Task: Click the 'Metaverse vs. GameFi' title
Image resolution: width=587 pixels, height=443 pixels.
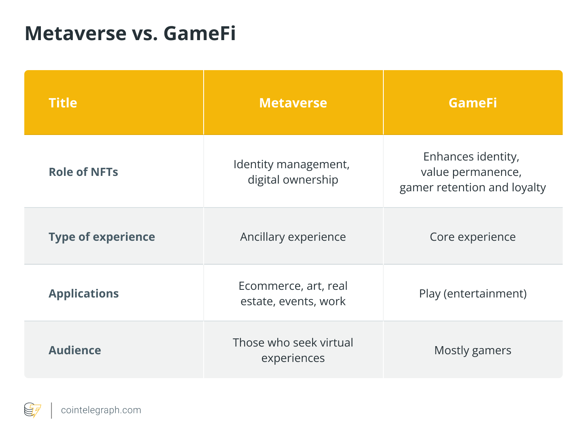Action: pos(130,33)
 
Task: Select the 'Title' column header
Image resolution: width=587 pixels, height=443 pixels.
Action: pos(63,103)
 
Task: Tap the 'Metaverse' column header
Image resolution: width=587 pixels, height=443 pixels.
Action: pos(293,103)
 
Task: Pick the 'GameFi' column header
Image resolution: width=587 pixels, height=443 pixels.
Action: pos(472,103)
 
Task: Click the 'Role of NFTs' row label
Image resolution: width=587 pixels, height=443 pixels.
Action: pos(83,172)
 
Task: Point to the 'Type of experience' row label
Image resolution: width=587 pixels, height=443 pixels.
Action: pos(102,237)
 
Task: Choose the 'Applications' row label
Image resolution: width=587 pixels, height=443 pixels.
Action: pos(84,293)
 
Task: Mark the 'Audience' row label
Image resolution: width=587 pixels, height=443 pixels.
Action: pos(75,350)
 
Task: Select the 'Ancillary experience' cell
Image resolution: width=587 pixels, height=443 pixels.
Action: pos(293,237)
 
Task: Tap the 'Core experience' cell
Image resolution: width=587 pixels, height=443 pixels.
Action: pos(472,237)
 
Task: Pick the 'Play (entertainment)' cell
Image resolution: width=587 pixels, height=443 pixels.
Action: pos(472,293)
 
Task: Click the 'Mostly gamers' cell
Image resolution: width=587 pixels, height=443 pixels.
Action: pos(472,350)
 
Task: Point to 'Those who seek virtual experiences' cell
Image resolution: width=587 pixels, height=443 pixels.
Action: pos(293,350)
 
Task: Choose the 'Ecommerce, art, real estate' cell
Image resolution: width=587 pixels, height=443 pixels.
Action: pos(293,293)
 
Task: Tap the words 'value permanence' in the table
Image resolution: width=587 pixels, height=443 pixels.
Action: pos(471,172)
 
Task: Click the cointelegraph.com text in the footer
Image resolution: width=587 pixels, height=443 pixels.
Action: pos(101,410)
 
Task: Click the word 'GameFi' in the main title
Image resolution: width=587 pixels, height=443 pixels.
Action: pos(200,33)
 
